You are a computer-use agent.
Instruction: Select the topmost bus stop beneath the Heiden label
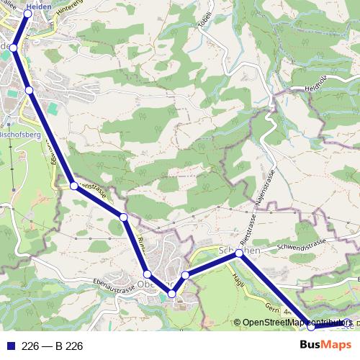pos(28,12)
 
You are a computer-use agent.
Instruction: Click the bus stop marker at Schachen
pos(239,253)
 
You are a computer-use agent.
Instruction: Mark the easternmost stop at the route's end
pos(346,323)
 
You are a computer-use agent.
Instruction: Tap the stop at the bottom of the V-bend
pos(172,294)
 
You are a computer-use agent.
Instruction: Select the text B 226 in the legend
pos(69,346)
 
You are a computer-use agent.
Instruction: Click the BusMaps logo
pos(325,346)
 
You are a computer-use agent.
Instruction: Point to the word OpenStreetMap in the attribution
pos(269,323)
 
